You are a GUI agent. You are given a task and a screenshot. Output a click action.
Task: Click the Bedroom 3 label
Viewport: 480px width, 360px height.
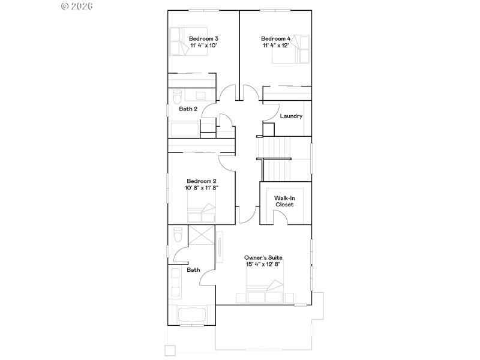click(x=203, y=38)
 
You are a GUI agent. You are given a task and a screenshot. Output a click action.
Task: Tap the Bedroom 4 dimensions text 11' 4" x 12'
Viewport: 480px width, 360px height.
click(x=276, y=45)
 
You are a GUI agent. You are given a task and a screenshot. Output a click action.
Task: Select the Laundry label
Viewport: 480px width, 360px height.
click(x=291, y=116)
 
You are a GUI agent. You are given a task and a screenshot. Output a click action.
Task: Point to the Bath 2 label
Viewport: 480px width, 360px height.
click(x=188, y=109)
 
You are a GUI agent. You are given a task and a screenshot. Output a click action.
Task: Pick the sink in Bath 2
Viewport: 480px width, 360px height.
click(x=200, y=95)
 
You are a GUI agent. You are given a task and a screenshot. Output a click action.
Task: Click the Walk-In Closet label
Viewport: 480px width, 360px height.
click(x=284, y=201)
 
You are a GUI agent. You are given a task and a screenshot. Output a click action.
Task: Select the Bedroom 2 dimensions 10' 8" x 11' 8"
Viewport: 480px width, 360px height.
click(x=202, y=188)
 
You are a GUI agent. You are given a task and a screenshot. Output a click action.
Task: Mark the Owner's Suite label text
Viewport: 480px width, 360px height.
click(x=263, y=257)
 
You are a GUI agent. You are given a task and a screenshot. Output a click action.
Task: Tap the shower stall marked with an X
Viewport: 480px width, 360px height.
click(x=201, y=235)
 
